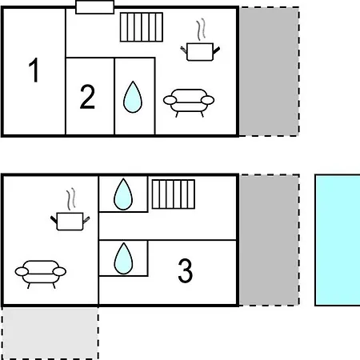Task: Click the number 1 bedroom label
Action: [x=34, y=70]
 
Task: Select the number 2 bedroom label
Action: [x=87, y=97]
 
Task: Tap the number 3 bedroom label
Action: [x=186, y=270]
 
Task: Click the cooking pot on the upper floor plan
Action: [x=200, y=52]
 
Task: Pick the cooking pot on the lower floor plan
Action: [x=70, y=222]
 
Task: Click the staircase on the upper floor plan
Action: [x=142, y=27]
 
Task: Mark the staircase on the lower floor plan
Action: [x=174, y=194]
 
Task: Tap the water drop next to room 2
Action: [x=133, y=97]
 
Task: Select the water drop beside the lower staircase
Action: [x=123, y=194]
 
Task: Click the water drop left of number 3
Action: [x=123, y=258]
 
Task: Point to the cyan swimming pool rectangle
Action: [x=338, y=240]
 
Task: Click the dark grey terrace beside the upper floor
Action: [x=269, y=71]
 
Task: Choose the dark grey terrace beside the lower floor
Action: [x=269, y=240]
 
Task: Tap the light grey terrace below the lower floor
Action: [x=50, y=333]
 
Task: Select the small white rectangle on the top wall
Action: [x=95, y=7]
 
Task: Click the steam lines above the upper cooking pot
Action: [x=201, y=30]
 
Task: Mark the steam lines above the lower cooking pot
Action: [x=71, y=199]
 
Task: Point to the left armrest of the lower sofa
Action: [x=22, y=272]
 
